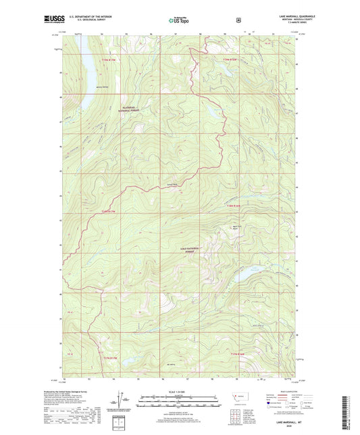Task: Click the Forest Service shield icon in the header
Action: point(238,20)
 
